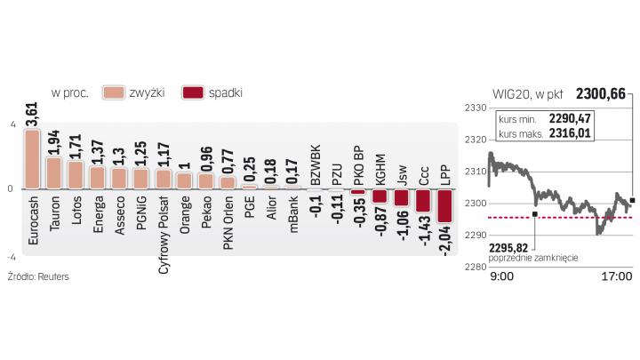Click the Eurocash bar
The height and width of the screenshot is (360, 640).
(32, 159)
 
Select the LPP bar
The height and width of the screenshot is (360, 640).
(445, 205)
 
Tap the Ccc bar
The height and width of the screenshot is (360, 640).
(423, 200)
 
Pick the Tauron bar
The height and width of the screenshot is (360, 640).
(54, 173)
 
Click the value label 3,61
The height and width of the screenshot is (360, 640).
(32, 115)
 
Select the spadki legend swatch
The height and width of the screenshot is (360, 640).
(192, 92)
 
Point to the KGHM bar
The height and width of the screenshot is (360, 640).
(380, 196)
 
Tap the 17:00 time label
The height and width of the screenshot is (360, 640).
(616, 277)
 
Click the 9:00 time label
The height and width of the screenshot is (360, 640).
(502, 277)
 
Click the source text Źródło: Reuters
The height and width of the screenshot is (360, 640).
(38, 276)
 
